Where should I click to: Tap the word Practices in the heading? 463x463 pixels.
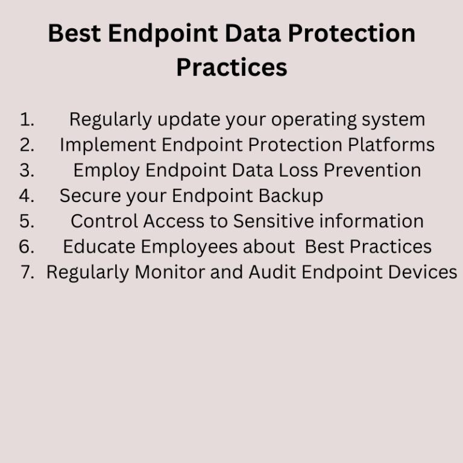pyautogui.click(x=231, y=67)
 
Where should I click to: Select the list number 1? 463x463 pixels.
pyautogui.click(x=27, y=119)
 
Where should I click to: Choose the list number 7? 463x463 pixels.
pyautogui.click(x=27, y=272)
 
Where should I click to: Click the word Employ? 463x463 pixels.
pyautogui.click(x=107, y=171)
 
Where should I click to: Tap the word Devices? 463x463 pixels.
pyautogui.click(x=422, y=272)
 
